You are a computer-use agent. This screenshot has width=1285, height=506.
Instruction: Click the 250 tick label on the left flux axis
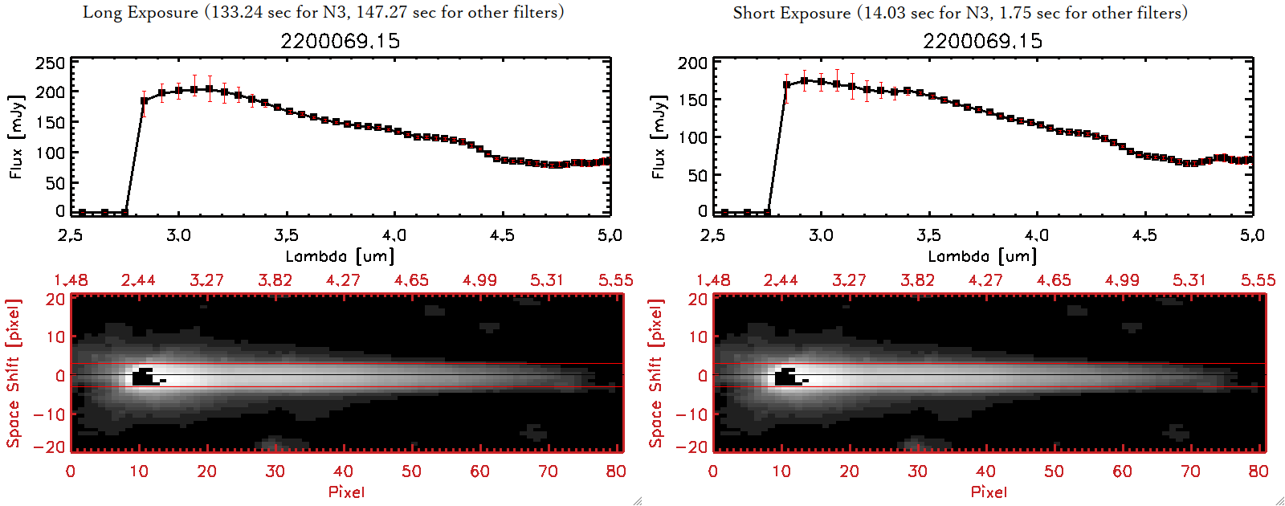[x=50, y=63]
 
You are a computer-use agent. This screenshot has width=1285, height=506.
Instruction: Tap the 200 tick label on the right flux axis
[x=692, y=63]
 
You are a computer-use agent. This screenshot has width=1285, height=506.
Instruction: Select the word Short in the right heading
[x=753, y=13]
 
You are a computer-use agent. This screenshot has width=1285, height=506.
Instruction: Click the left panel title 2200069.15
[x=340, y=41]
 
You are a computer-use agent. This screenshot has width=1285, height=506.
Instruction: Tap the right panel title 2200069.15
[x=982, y=41]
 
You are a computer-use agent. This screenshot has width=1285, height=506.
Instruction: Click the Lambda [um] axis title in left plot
[x=340, y=256]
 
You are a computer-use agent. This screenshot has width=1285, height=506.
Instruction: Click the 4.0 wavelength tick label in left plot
[x=394, y=235]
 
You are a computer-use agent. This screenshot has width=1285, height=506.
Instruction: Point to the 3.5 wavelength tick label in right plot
[x=928, y=235]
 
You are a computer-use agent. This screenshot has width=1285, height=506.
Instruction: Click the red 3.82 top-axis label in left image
[x=275, y=280]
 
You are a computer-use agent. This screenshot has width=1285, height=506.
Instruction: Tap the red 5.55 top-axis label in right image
[x=1258, y=280]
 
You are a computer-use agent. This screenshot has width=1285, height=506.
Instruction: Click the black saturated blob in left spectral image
[x=144, y=377]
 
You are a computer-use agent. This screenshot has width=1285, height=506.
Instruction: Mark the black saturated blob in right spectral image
[x=786, y=377]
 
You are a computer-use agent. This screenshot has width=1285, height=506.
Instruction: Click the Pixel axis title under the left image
[x=346, y=492]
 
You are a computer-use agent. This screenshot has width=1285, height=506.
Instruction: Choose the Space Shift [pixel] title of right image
[x=656, y=373]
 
